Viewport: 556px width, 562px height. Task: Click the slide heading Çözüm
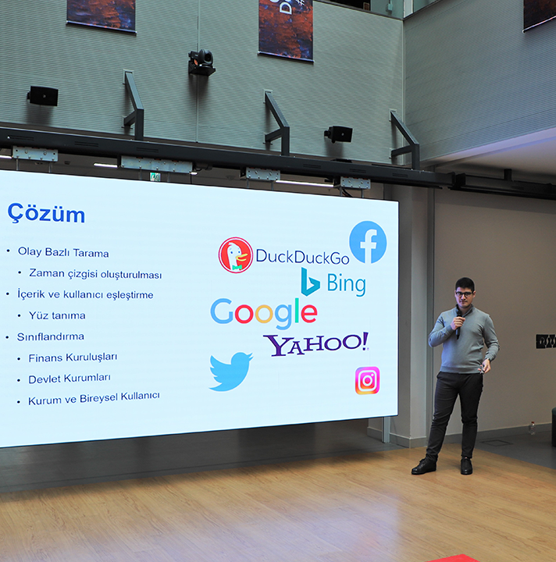pyautogui.click(x=46, y=213)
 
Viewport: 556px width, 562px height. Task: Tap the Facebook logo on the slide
pyautogui.click(x=368, y=242)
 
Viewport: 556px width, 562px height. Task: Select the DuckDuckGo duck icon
pyautogui.click(x=236, y=254)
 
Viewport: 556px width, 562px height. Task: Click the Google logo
pyautogui.click(x=264, y=312)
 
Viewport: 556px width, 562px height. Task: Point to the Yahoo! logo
pyautogui.click(x=315, y=343)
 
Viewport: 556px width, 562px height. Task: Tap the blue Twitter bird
pyautogui.click(x=230, y=372)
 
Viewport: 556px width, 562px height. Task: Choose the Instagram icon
pyautogui.click(x=367, y=380)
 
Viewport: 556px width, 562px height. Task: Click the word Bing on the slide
pyautogui.click(x=346, y=284)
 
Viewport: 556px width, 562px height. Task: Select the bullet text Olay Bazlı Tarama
pyautogui.click(x=63, y=252)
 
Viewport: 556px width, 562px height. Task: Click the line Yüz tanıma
pyautogui.click(x=57, y=315)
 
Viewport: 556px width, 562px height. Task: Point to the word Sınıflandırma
pyautogui.click(x=51, y=336)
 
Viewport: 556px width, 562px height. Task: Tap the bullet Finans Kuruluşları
pyautogui.click(x=73, y=357)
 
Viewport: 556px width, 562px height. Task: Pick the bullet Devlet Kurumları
pyautogui.click(x=69, y=379)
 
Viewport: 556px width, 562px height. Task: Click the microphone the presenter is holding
pyautogui.click(x=458, y=325)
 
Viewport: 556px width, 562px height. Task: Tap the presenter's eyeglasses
pyautogui.click(x=464, y=294)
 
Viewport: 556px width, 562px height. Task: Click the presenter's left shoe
pyautogui.click(x=466, y=466)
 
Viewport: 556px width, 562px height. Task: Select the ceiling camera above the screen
pyautogui.click(x=201, y=62)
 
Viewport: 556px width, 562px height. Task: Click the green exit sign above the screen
pyautogui.click(x=155, y=176)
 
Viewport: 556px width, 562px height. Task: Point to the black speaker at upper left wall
pyautogui.click(x=43, y=96)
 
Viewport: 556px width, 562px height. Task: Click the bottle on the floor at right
pyautogui.click(x=532, y=428)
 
